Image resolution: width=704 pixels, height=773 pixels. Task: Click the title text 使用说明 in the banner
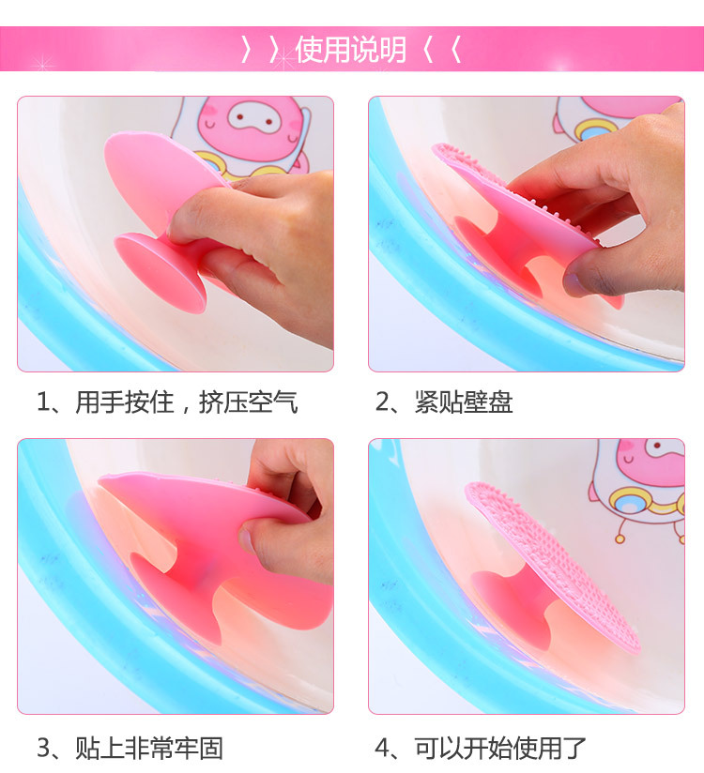[x=351, y=50]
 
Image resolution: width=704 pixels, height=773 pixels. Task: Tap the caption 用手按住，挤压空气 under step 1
[x=187, y=402]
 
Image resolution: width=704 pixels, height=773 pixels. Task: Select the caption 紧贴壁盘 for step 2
[x=464, y=402]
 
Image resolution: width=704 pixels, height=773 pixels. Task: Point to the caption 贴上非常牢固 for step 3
[x=149, y=748]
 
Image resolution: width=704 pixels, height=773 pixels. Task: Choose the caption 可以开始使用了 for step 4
[x=500, y=748]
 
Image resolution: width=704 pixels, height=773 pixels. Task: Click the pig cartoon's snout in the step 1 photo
[x=252, y=118]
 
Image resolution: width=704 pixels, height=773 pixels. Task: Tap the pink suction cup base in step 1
[x=161, y=273]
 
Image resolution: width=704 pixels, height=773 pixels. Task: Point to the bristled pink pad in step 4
[x=553, y=567]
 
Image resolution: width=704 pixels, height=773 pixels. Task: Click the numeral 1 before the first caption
[x=43, y=402]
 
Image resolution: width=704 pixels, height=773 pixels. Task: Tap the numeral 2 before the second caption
[x=383, y=402]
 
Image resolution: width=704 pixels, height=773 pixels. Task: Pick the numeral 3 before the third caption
[x=44, y=748]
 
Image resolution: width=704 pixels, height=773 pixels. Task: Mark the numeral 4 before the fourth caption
[x=383, y=748]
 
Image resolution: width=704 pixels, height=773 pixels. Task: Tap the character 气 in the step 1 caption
[x=285, y=402]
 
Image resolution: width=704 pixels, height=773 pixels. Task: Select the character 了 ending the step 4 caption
[x=574, y=748]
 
